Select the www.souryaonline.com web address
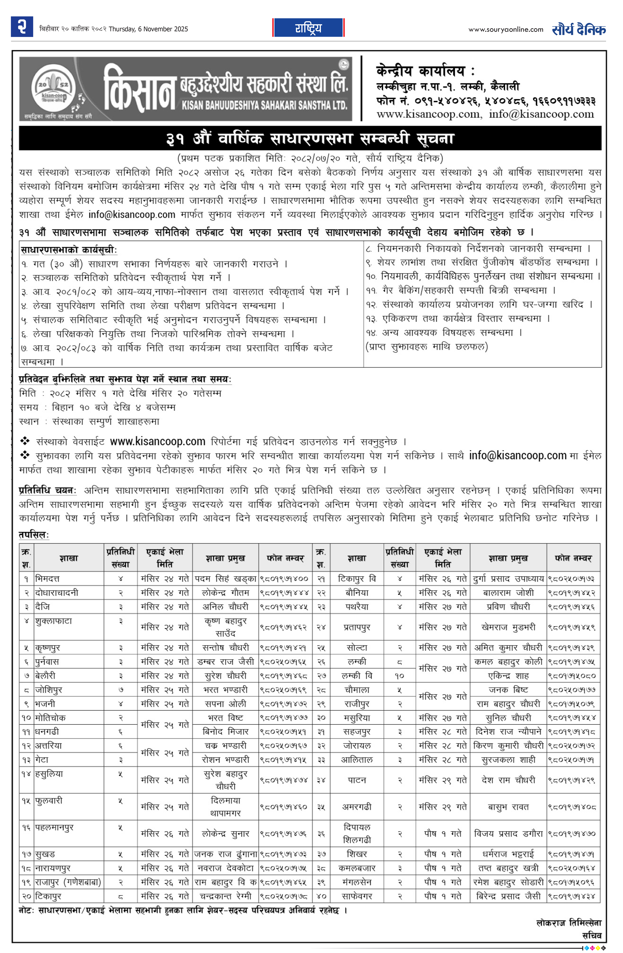point(506,29)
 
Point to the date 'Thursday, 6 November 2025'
point(148,29)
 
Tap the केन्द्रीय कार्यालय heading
point(425,71)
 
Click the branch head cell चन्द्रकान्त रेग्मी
point(225,896)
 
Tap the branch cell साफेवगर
point(357,896)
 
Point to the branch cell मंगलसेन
point(357,882)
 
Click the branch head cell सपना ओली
point(225,704)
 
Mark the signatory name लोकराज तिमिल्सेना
point(569,923)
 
